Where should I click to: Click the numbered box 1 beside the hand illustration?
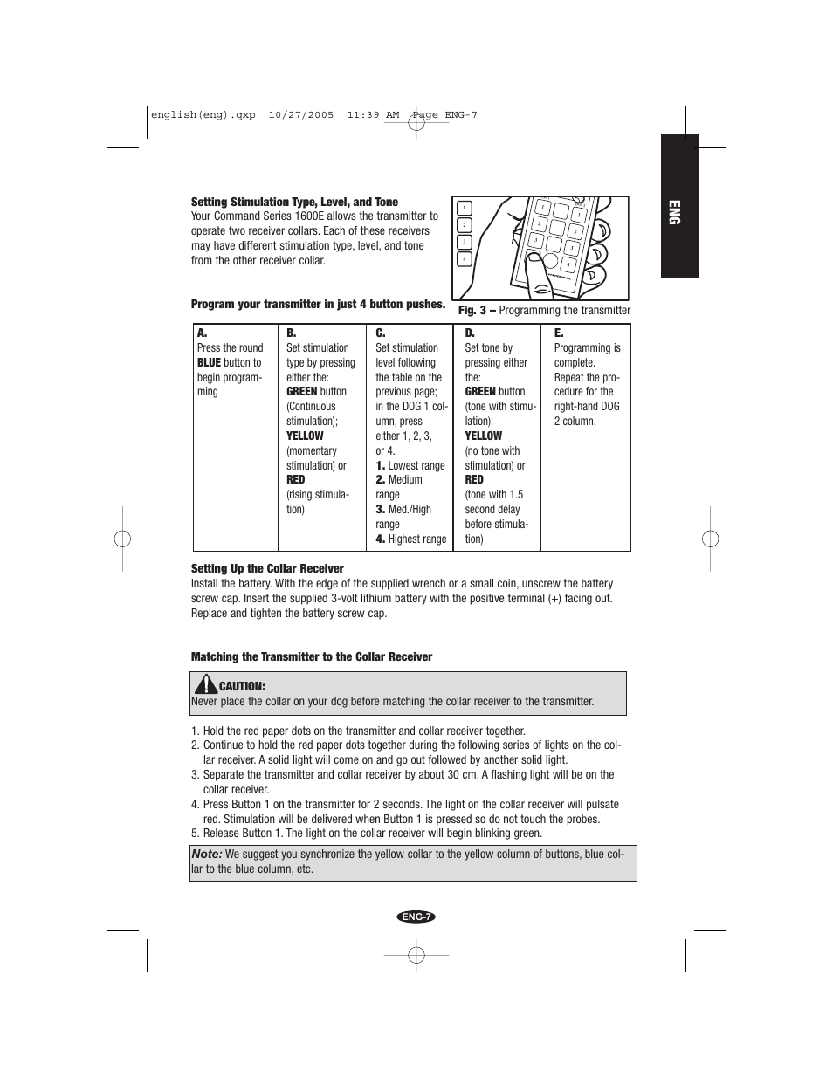point(464,208)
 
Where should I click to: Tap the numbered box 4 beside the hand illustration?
point(464,259)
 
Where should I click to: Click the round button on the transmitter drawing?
point(550,261)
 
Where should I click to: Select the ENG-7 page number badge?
point(416,917)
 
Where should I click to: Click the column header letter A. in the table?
point(202,333)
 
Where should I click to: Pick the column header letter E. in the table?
point(559,333)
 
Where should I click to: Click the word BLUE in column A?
point(209,362)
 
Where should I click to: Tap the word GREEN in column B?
point(301,392)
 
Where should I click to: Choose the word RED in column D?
point(474,480)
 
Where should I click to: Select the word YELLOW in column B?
point(305,436)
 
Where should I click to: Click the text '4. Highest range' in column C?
point(410,539)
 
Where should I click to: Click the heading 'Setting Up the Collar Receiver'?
point(267,568)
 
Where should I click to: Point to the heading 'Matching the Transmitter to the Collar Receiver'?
point(312,656)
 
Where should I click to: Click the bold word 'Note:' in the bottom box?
point(207,854)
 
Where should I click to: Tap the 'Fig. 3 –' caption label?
point(477,310)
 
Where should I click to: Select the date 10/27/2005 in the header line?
point(301,115)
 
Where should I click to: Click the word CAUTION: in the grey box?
point(242,686)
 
